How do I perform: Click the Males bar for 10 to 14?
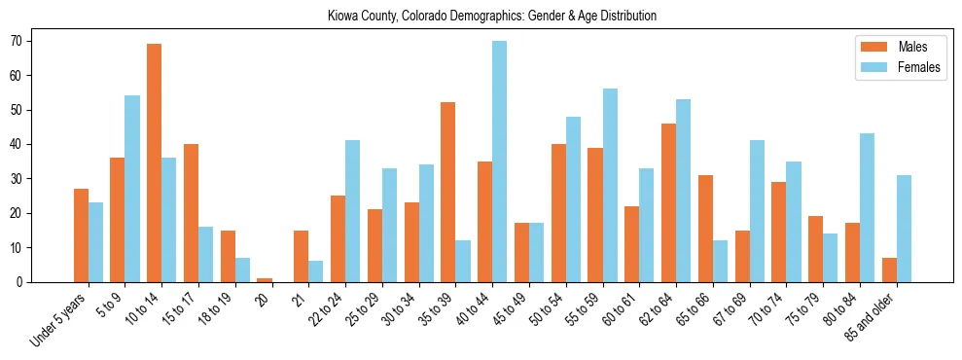click(x=154, y=162)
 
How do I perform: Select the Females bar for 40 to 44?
click(x=499, y=162)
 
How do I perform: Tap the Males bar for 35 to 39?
click(x=448, y=193)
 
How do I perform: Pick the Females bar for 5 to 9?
click(x=132, y=189)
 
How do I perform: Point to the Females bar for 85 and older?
click(x=904, y=229)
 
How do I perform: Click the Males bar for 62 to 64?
click(x=668, y=202)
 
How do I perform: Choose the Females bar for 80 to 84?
click(x=867, y=208)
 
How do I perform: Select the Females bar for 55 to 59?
click(x=610, y=185)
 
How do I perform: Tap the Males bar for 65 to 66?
click(x=705, y=229)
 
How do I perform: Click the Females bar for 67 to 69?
click(x=757, y=211)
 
